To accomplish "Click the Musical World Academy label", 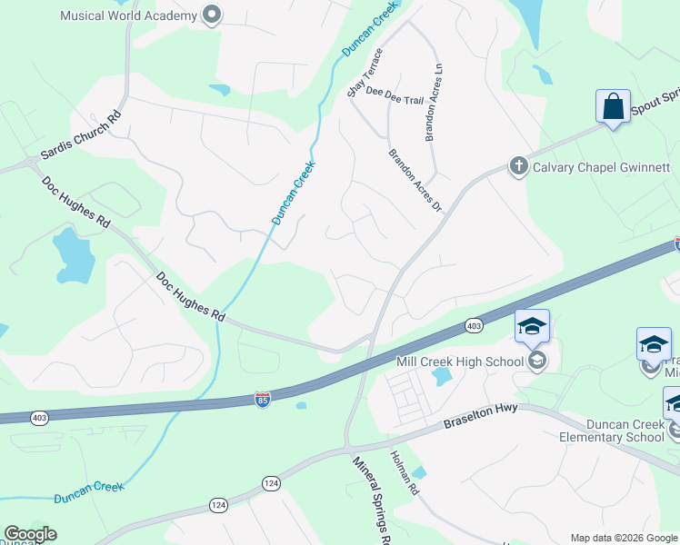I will tap(128, 15).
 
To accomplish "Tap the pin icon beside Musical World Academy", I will tap(213, 15).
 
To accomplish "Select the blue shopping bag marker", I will tap(614, 106).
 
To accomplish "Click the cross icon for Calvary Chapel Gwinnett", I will tap(518, 166).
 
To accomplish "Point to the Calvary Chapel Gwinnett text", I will tap(601, 167).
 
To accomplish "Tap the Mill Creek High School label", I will tap(460, 362).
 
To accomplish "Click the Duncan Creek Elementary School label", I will tap(600, 429).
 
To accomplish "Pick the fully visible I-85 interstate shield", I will tap(262, 400).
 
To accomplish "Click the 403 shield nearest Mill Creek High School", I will tap(473, 325).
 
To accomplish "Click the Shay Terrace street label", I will tap(365, 73).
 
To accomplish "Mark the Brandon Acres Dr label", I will tap(415, 181).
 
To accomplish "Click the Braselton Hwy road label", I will tap(480, 417).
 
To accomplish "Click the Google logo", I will tap(30, 534).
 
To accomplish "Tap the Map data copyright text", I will tap(625, 538).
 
